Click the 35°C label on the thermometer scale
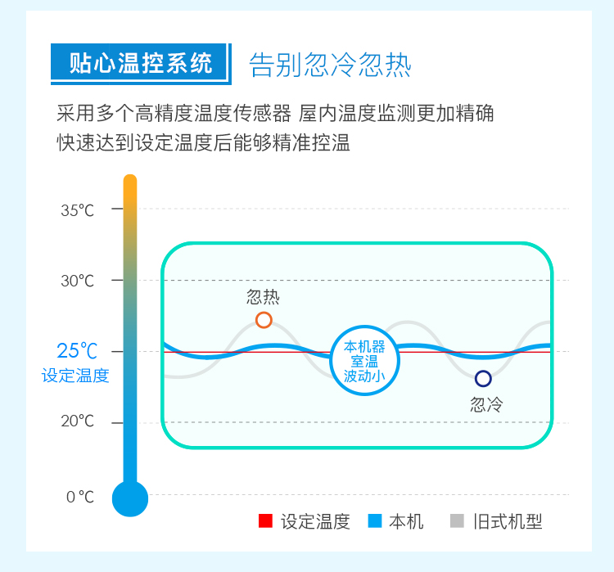(x=77, y=210)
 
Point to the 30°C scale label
(x=77, y=281)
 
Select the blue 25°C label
(x=77, y=351)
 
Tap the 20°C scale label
(x=77, y=421)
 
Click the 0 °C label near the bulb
(x=80, y=497)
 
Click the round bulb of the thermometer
(x=130, y=498)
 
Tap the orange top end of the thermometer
(x=130, y=181)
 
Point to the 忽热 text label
(x=263, y=297)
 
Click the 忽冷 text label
(x=487, y=404)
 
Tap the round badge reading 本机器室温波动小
(x=365, y=361)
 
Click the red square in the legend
(x=265, y=521)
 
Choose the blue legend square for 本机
(x=375, y=521)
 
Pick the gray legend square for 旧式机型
(x=457, y=521)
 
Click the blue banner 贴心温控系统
(x=141, y=64)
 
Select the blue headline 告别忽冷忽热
(x=330, y=65)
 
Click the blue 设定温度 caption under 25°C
(x=75, y=376)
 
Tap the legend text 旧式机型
(x=508, y=521)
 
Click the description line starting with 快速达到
(x=203, y=142)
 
